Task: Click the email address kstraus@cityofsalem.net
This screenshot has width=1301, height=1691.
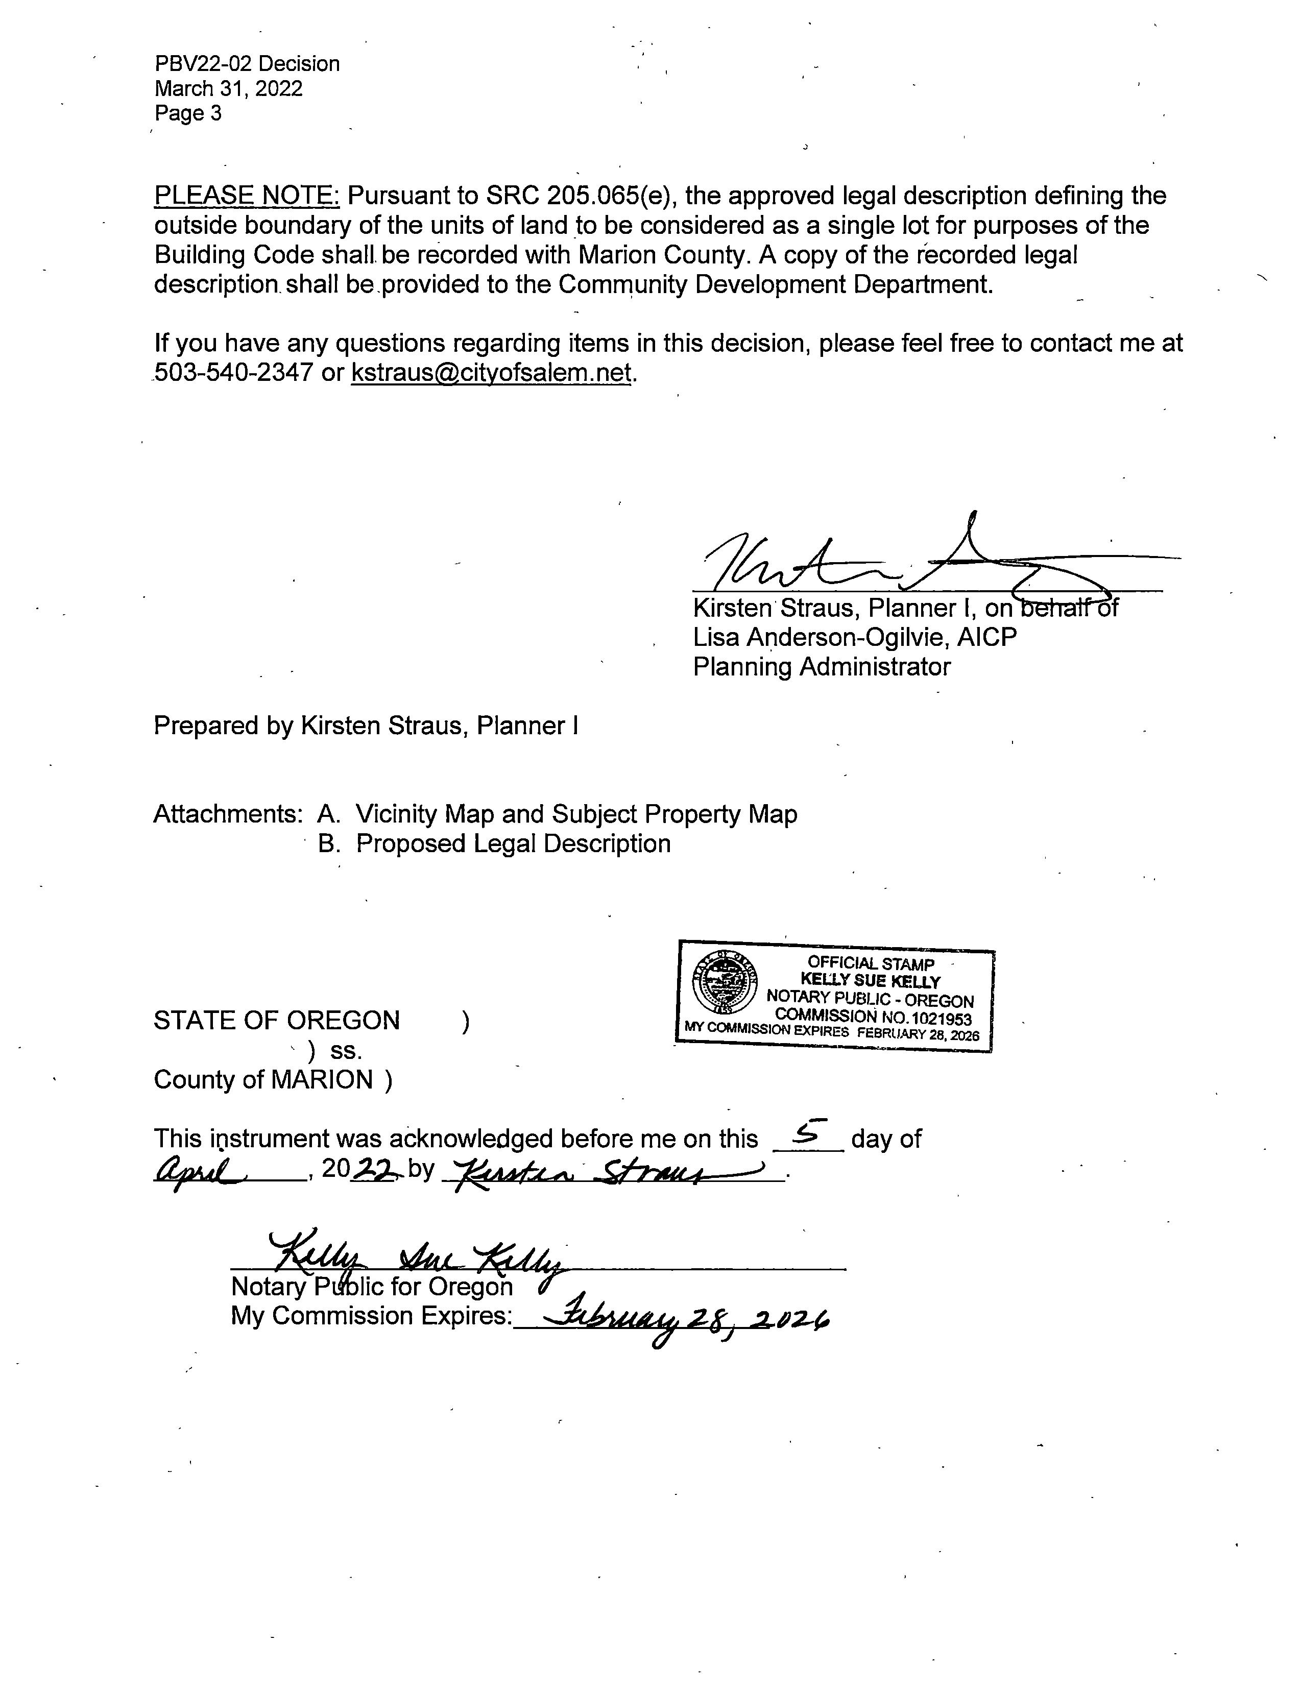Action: pyautogui.click(x=492, y=372)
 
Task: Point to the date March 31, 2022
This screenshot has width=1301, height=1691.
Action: pyautogui.click(x=228, y=88)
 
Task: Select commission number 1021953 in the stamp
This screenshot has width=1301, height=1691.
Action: pyautogui.click(x=935, y=1019)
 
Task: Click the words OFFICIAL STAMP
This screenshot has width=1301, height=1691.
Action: pyautogui.click(x=871, y=963)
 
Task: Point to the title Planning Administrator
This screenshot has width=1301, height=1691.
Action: pyautogui.click(x=821, y=667)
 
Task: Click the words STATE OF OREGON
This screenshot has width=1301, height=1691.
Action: pyautogui.click(x=276, y=1021)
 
